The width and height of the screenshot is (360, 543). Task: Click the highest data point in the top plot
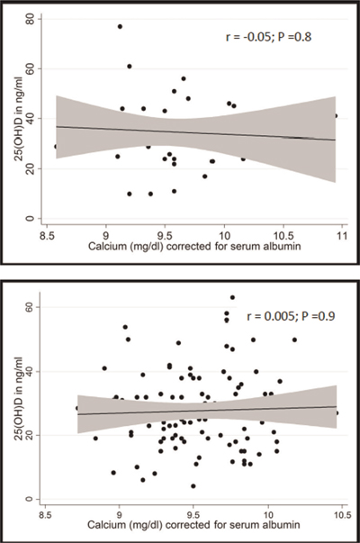pyautogui.click(x=120, y=26)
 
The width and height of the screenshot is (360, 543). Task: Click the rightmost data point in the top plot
pyautogui.click(x=336, y=115)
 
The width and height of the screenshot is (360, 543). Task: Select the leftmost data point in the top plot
pyautogui.click(x=55, y=146)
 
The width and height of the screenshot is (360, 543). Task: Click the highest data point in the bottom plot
pyautogui.click(x=232, y=297)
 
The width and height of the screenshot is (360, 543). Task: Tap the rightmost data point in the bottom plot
pyautogui.click(x=337, y=412)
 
